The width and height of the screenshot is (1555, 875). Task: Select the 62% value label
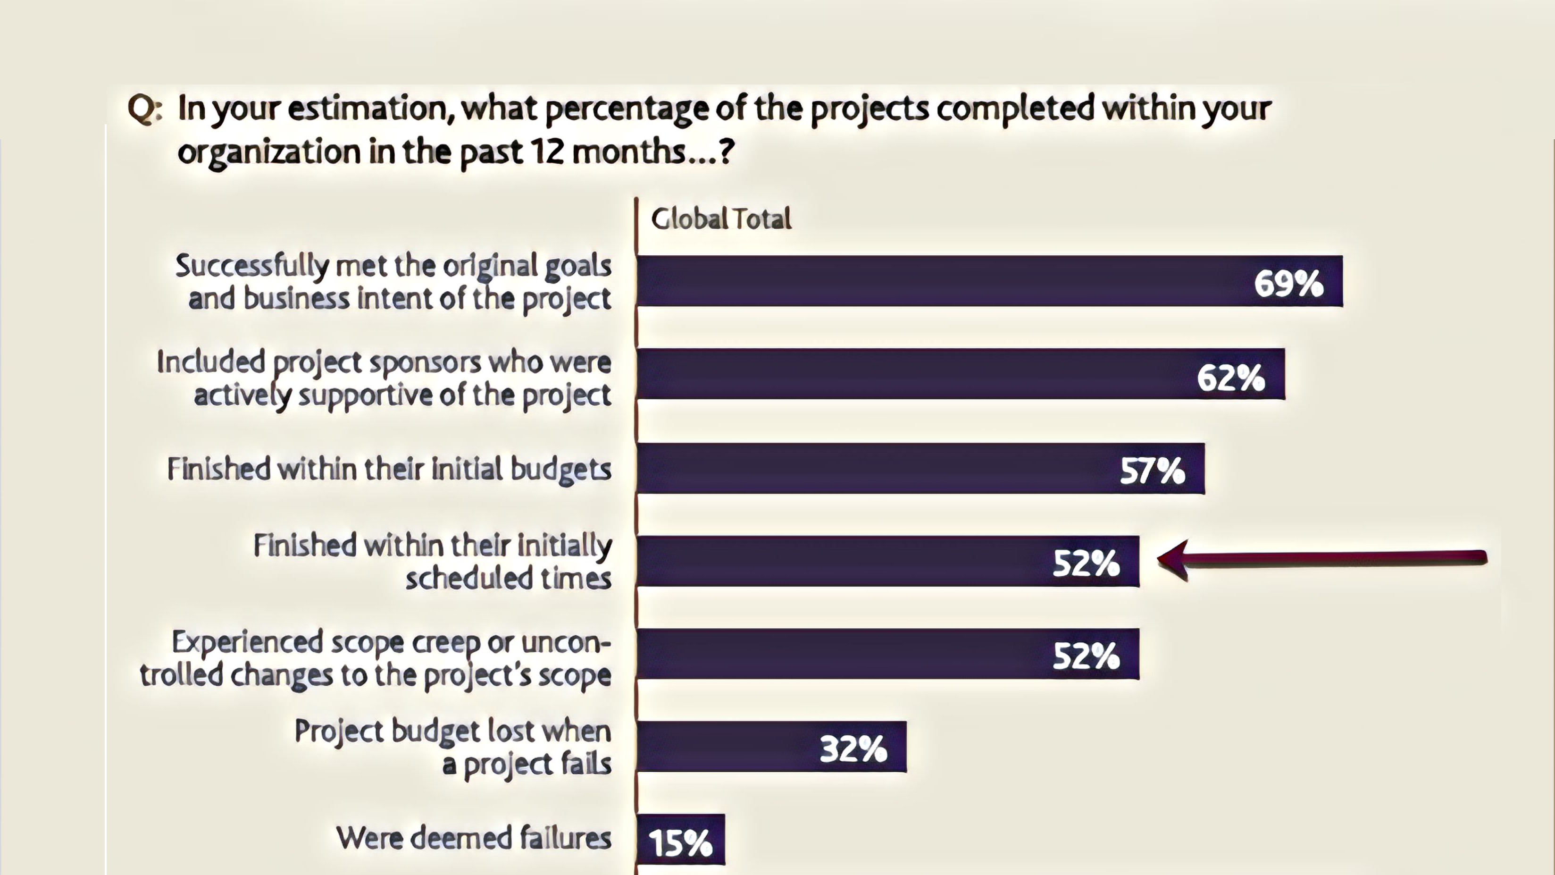click(1230, 378)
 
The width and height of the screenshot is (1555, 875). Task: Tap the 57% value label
click(1153, 471)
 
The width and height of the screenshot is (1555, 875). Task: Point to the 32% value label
click(853, 749)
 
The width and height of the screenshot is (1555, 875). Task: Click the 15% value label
click(680, 843)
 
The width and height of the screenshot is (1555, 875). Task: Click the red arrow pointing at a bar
click(1322, 559)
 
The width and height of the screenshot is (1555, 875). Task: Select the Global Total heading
click(721, 219)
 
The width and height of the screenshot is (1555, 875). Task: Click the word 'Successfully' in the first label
click(252, 266)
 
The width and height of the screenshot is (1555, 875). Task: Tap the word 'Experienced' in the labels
click(248, 642)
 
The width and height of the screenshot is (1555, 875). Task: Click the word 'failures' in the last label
click(566, 838)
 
